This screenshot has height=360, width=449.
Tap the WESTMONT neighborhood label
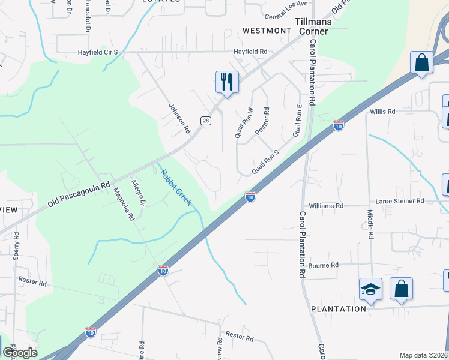(x=267, y=31)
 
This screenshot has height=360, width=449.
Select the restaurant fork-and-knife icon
(x=227, y=82)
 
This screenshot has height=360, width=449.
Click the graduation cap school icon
(x=370, y=289)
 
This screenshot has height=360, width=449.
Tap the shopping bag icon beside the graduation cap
(x=401, y=289)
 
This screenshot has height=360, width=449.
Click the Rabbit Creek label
(x=176, y=188)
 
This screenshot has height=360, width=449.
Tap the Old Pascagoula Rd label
(x=80, y=195)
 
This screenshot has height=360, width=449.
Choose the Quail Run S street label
(x=265, y=162)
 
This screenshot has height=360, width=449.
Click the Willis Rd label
(x=383, y=112)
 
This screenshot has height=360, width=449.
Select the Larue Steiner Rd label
(x=400, y=201)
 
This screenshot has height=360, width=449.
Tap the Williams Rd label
(x=327, y=206)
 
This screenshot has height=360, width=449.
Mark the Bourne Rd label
(x=324, y=265)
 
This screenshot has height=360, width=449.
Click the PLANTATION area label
(x=339, y=309)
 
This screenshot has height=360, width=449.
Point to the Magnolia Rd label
(x=124, y=204)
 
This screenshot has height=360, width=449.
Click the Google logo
(x=20, y=353)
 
